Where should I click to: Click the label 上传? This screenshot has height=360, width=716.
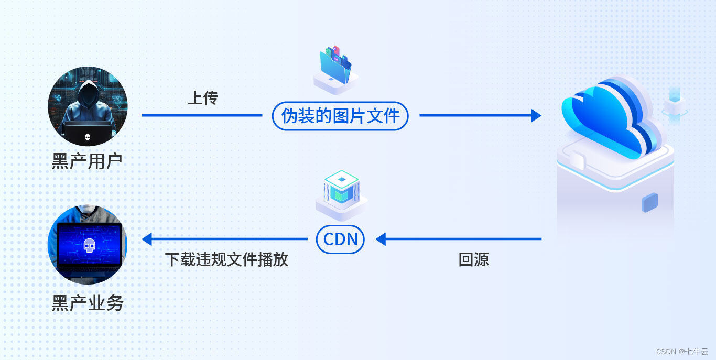coord(203,97)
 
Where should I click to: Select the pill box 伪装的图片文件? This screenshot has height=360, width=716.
coord(340,116)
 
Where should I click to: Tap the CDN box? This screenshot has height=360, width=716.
coord(340,239)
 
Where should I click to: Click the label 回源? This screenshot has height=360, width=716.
coord(473,259)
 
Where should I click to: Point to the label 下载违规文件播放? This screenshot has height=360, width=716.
coord(227,259)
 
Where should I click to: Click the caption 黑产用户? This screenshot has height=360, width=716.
coord(87,161)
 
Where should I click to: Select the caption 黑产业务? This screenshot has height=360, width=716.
coord(87,303)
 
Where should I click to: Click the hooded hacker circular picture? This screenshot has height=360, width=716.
coord(88,106)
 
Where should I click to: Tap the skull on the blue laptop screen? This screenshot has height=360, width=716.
coord(89,244)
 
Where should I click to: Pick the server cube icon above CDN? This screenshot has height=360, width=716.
coord(341,191)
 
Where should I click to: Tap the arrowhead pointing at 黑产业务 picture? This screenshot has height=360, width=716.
coord(147,239)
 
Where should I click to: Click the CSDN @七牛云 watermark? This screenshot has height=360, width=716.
coord(681,352)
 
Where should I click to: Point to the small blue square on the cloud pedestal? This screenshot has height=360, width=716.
coord(649,202)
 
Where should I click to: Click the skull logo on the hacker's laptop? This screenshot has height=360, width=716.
coord(88,138)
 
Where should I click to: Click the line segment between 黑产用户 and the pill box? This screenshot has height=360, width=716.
coord(202,116)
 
